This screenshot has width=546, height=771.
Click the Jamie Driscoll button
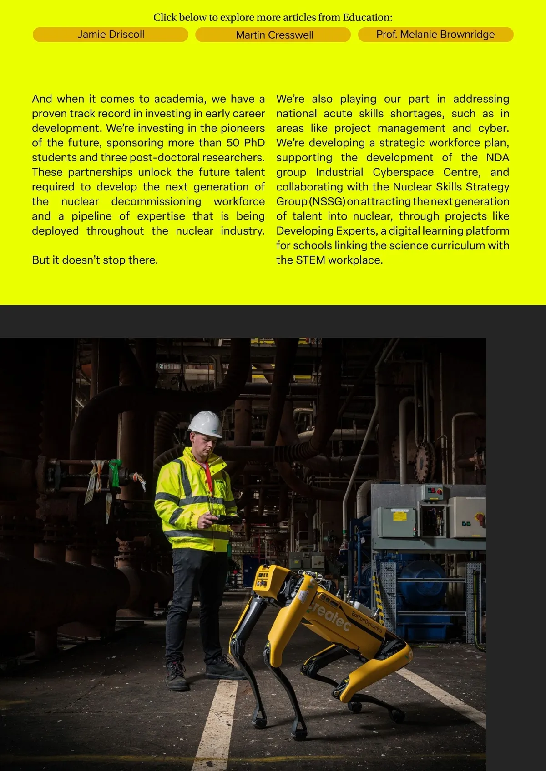tap(111, 35)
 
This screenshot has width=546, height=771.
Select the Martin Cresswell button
tap(274, 35)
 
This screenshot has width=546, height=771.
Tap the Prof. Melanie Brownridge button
tap(435, 35)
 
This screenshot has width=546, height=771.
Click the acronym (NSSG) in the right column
tap(327, 201)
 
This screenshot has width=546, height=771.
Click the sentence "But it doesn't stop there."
tap(95, 260)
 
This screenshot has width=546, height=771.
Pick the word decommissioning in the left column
tap(156, 201)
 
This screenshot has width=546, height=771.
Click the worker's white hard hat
tap(206, 424)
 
